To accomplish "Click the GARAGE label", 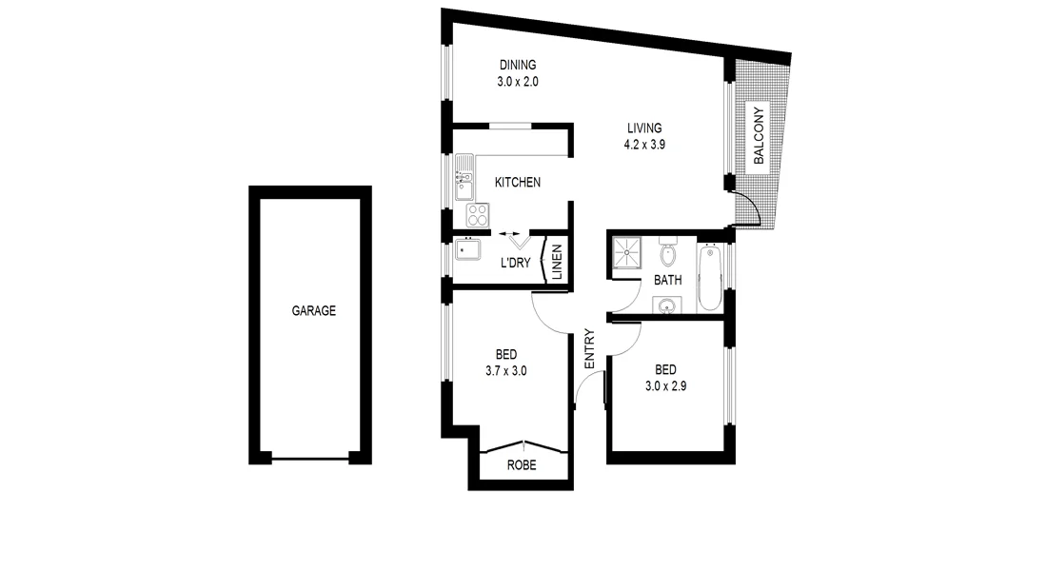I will click(313, 310).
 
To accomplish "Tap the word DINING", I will click(518, 66).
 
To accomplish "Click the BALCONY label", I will click(759, 136).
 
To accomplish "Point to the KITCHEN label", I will click(518, 182).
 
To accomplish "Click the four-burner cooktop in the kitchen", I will click(477, 214).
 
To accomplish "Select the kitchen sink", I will click(465, 181).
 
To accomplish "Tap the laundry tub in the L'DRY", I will click(466, 252).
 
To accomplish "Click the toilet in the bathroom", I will click(667, 253).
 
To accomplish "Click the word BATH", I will click(667, 281).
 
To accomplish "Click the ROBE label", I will click(521, 465).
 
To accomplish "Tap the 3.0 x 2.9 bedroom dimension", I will click(665, 385).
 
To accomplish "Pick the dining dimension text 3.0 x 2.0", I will click(518, 82).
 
